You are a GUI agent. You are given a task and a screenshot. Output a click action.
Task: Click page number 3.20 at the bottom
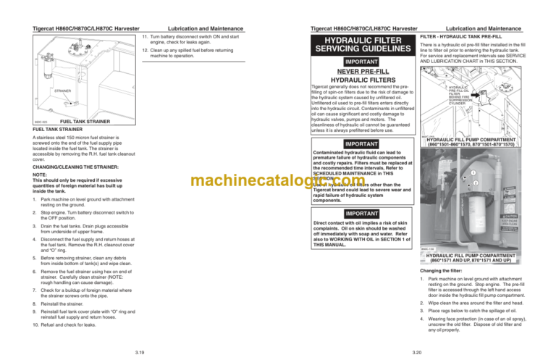[414, 351]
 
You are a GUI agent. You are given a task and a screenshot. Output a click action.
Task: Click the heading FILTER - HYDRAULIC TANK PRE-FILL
[461, 35]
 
